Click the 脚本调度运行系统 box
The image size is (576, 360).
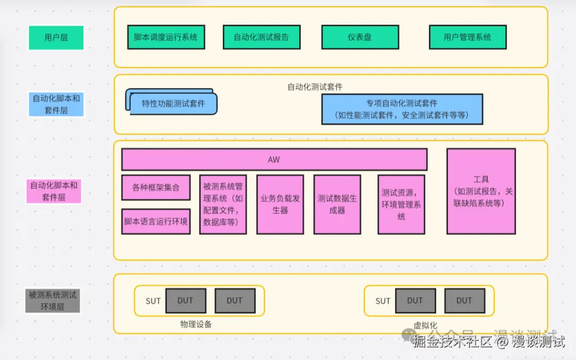point(166,37)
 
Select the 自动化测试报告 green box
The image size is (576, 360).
point(261,37)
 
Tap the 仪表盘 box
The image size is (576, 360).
point(360,37)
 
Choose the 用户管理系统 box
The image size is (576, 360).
point(467,37)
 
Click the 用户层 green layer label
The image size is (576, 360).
point(56,38)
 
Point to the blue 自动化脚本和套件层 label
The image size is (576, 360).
point(56,104)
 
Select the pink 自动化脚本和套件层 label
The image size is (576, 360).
point(54,191)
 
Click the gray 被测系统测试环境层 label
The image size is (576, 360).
point(53,300)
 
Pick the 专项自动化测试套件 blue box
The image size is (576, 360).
point(402,109)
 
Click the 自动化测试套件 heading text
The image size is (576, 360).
point(315,86)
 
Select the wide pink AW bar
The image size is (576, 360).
point(274,159)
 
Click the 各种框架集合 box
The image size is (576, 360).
point(156,188)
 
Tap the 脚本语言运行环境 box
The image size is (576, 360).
point(156,221)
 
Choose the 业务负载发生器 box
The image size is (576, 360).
point(280,204)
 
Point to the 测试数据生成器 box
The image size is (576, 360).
point(337,204)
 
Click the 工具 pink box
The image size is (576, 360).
point(481,191)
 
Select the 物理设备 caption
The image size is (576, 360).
point(196,324)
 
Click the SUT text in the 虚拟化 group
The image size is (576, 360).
point(383,301)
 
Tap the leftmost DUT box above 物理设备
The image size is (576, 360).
point(185,301)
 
